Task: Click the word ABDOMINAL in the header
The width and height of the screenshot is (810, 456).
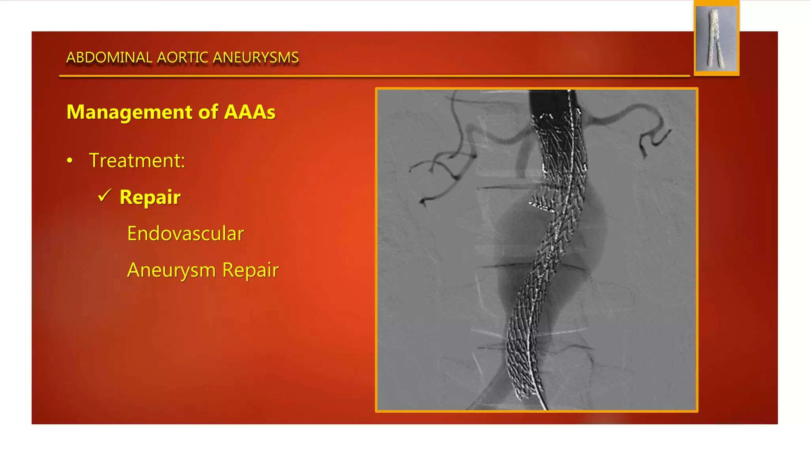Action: (x=109, y=58)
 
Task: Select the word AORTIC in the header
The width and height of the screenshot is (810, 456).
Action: (x=182, y=58)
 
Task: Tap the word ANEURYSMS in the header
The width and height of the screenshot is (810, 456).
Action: (x=256, y=58)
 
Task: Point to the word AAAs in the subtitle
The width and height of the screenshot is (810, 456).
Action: (x=250, y=112)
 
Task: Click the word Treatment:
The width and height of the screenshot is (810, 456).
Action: (x=137, y=161)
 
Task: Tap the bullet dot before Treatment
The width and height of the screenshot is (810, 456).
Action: (x=70, y=161)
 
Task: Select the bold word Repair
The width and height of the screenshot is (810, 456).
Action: (x=150, y=197)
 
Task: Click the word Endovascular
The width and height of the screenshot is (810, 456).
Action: (x=185, y=234)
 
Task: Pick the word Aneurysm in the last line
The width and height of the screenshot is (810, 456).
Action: (x=171, y=270)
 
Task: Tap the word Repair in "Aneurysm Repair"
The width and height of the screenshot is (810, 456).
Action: (x=250, y=270)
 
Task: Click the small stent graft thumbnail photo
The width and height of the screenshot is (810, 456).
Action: (x=716, y=38)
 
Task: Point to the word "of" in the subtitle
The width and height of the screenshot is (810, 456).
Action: (x=208, y=112)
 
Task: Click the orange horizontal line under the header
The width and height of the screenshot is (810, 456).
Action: (x=374, y=76)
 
